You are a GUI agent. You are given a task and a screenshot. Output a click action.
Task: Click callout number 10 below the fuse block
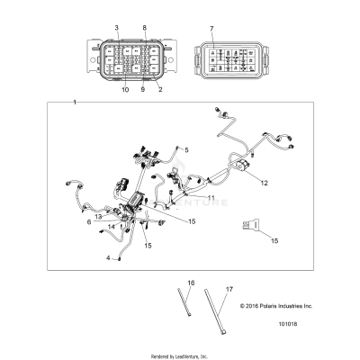126,90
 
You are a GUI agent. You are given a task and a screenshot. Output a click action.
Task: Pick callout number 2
161,89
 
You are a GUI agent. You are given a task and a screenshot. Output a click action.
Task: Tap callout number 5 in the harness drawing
186,148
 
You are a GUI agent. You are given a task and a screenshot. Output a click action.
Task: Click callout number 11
211,197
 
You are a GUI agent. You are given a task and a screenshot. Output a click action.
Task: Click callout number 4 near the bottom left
110,258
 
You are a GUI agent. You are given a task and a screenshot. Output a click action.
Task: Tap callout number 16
190,283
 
